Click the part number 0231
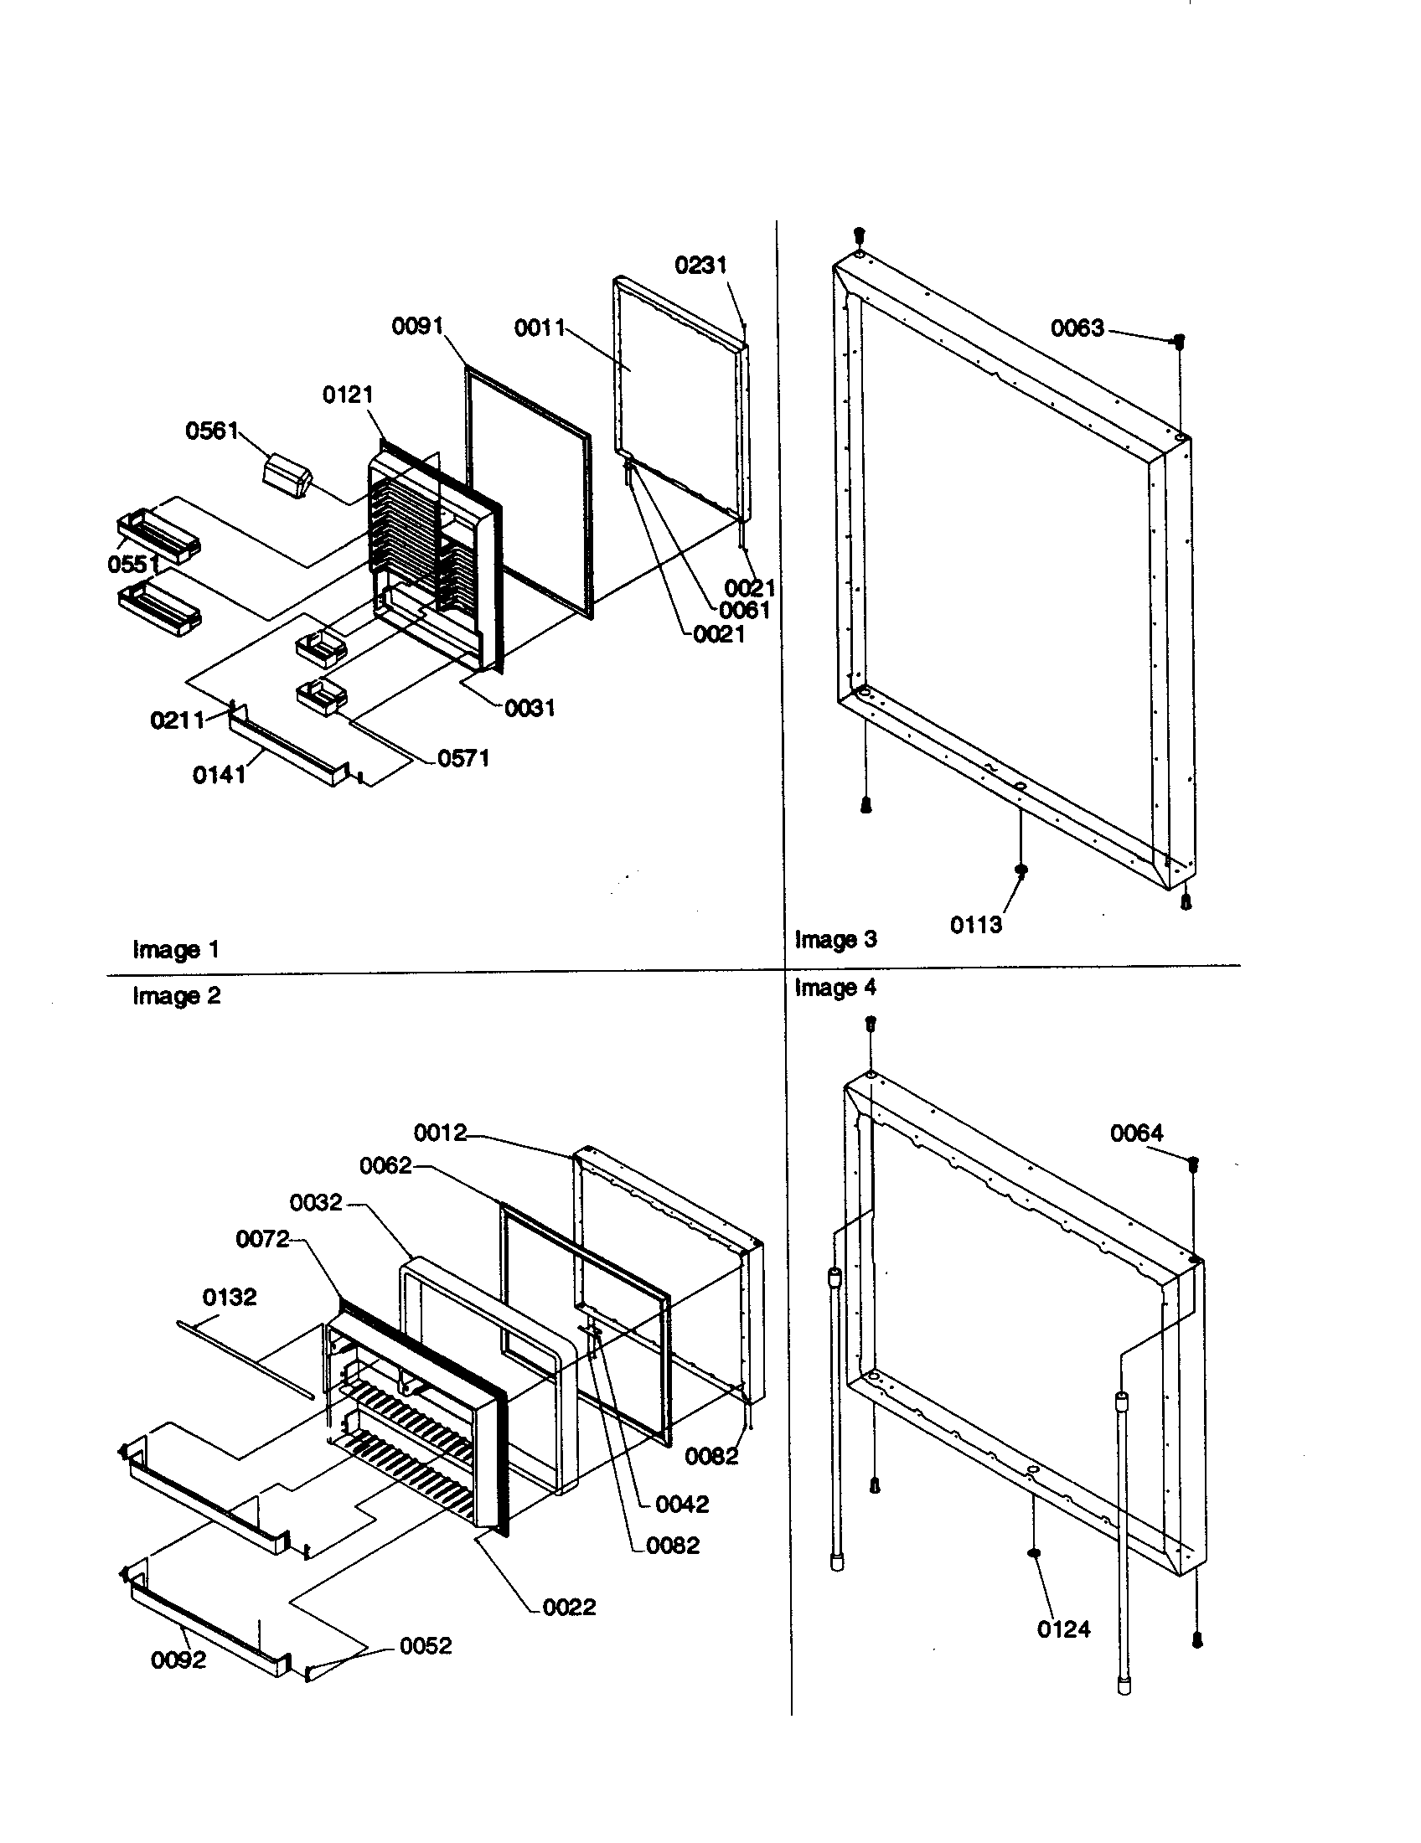[700, 265]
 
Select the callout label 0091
[418, 326]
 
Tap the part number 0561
[212, 431]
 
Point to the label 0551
[134, 564]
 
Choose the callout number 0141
[220, 775]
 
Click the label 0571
[463, 758]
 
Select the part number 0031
[530, 708]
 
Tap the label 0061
[744, 610]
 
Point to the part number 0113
[976, 925]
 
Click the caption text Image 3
[835, 939]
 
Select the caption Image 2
[176, 996]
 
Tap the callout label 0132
[230, 1296]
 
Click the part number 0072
[262, 1239]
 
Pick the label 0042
[682, 1504]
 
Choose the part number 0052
[426, 1645]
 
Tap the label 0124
[1063, 1629]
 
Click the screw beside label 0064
[1193, 1164]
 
